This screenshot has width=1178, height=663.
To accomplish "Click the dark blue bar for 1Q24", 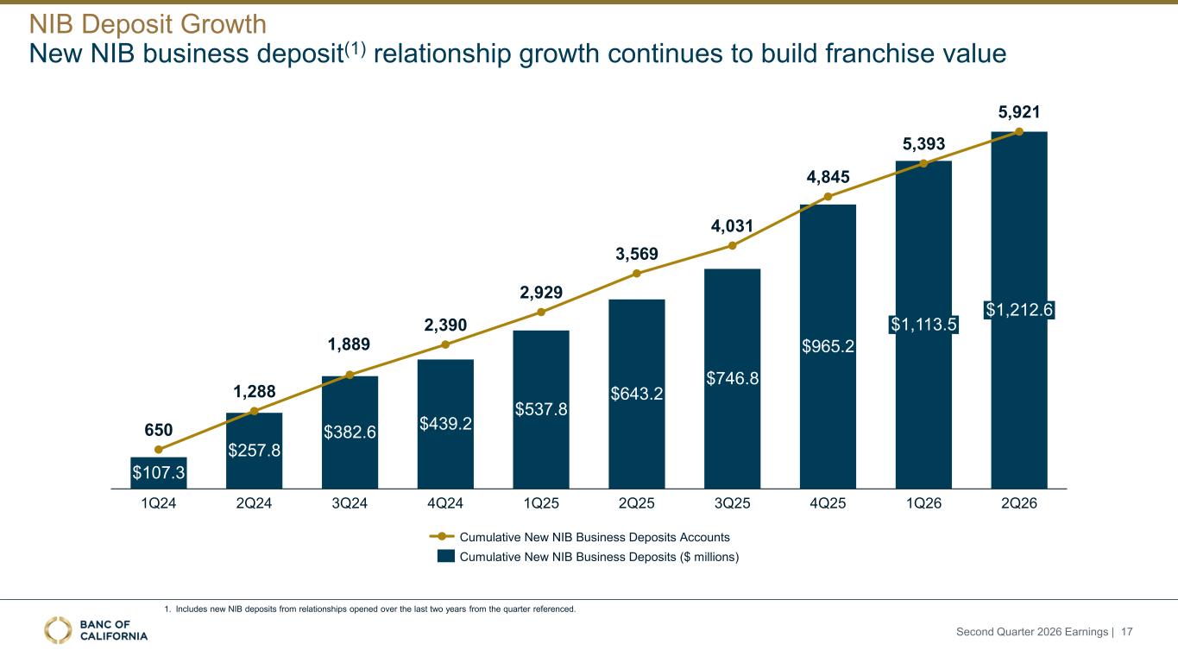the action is click(158, 472).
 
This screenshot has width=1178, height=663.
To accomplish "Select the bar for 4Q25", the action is click(828, 346).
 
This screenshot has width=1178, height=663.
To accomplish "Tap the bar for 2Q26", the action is click(1019, 310).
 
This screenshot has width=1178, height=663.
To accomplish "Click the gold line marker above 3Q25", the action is click(732, 245).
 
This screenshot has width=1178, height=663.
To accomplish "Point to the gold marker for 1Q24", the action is click(158, 450).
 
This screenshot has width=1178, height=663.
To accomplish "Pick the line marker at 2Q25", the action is click(636, 273).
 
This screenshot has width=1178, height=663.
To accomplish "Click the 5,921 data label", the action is click(1019, 112).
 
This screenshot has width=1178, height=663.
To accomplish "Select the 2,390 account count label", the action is click(445, 325).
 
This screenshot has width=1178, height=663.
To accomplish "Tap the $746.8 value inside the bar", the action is click(732, 378).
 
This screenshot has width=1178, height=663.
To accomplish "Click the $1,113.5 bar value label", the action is click(923, 324).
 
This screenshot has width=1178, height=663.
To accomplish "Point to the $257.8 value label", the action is click(254, 450).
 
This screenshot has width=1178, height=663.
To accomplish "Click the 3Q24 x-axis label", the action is click(350, 503).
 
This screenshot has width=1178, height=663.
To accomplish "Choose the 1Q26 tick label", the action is click(923, 503).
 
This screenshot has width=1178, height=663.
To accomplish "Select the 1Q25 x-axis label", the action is click(541, 503).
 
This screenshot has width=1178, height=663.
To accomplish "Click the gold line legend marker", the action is click(442, 536).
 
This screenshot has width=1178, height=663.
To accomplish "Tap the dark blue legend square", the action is click(446, 556).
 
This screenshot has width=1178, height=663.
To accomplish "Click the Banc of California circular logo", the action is click(58, 630).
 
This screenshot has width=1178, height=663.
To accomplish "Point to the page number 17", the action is click(1126, 631).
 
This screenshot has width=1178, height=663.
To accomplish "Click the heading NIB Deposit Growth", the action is click(148, 23).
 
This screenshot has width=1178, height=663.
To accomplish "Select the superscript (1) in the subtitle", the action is click(355, 48).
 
